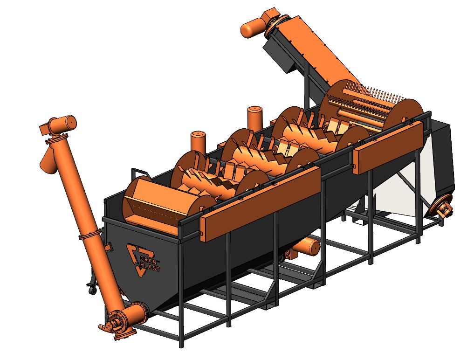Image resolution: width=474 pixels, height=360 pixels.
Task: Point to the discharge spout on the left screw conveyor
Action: point(48,160)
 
